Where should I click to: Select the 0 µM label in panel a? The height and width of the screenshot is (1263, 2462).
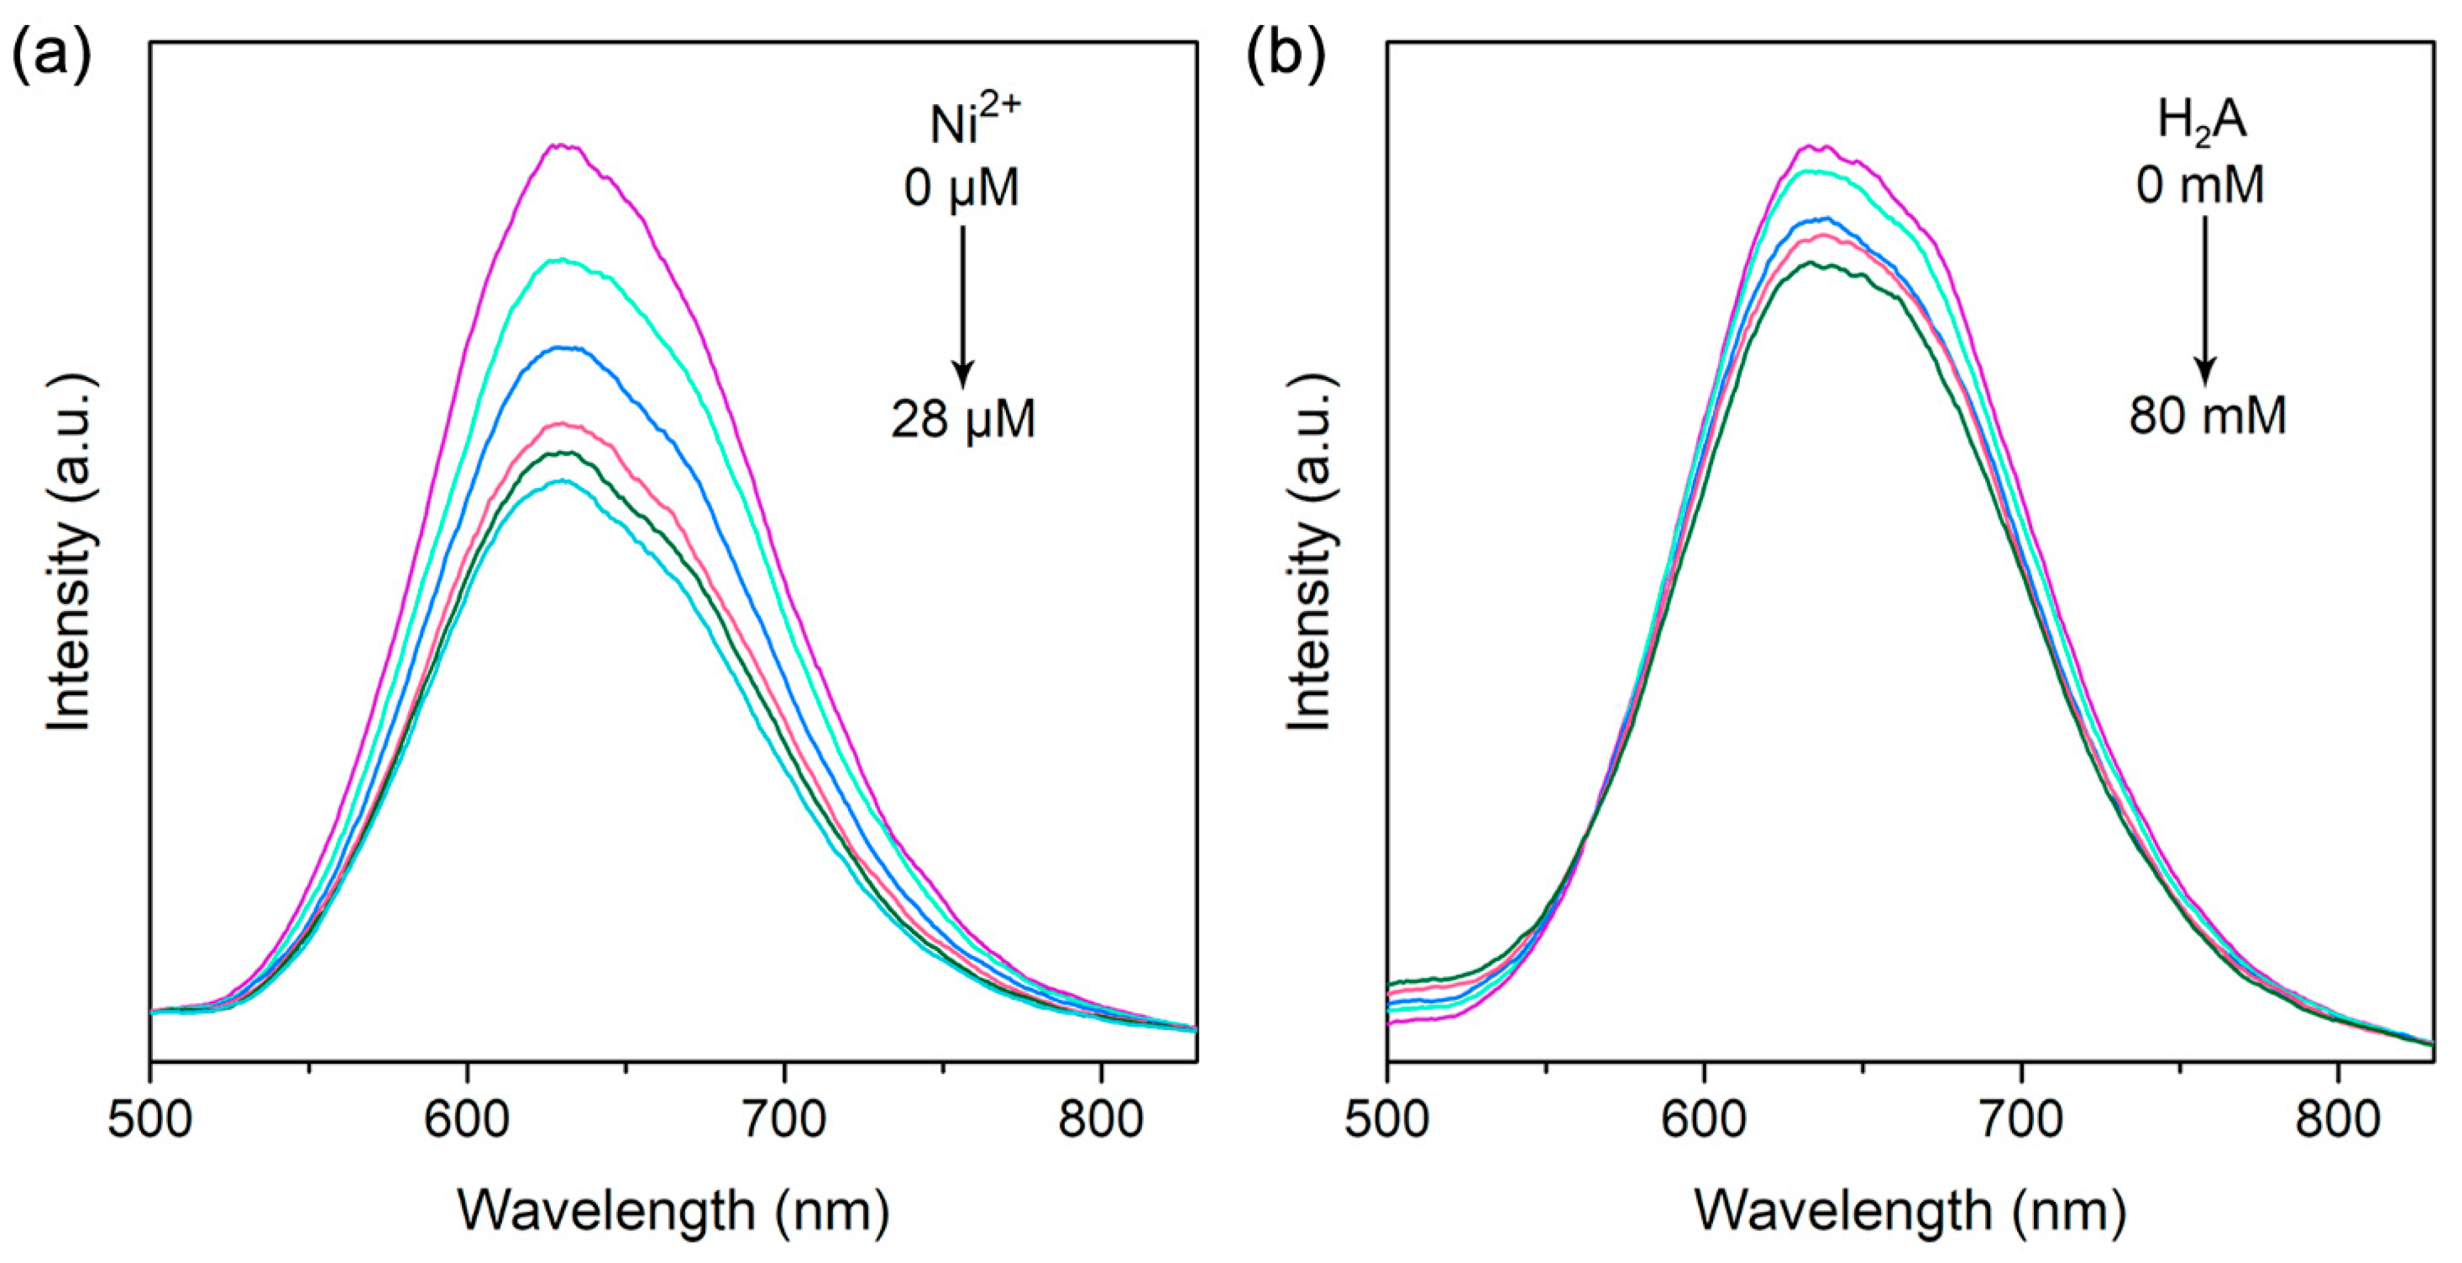(x=962, y=187)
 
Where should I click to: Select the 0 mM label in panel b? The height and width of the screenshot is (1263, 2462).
(x=2200, y=184)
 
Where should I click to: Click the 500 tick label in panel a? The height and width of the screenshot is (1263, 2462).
(x=150, y=1119)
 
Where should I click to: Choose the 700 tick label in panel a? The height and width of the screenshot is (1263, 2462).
(x=784, y=1119)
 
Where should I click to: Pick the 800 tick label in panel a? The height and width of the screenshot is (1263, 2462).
(x=1100, y=1119)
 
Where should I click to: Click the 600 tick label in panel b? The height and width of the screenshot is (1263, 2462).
(x=1704, y=1119)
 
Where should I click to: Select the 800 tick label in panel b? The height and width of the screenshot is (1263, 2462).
(x=2338, y=1119)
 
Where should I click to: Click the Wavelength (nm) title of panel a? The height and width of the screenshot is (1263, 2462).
(x=673, y=1211)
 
